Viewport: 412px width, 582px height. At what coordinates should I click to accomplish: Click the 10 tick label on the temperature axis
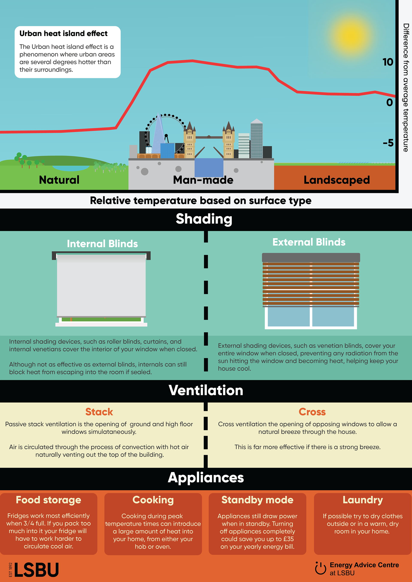(388, 62)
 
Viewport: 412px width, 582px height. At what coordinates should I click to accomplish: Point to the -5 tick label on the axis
(388, 143)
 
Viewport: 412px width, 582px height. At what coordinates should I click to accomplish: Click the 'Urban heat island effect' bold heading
(64, 33)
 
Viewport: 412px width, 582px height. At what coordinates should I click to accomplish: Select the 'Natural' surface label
(59, 180)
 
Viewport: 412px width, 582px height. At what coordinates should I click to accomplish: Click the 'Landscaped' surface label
(337, 180)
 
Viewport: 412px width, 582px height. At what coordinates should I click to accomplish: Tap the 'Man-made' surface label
(203, 180)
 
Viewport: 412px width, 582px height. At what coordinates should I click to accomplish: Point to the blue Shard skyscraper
(158, 134)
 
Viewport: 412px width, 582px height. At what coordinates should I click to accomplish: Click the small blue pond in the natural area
(71, 168)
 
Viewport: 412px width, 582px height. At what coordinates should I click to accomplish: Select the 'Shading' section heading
(204, 219)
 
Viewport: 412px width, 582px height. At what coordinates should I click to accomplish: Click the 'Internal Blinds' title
(102, 244)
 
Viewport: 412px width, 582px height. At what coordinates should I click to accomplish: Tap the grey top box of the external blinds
(311, 258)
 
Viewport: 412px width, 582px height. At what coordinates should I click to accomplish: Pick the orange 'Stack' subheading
(99, 412)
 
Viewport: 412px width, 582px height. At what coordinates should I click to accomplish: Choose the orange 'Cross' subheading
(312, 412)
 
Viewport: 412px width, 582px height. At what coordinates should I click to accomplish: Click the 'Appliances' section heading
(206, 478)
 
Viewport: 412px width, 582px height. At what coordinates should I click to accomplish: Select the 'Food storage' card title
(48, 500)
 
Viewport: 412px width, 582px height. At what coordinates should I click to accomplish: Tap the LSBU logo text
(36, 570)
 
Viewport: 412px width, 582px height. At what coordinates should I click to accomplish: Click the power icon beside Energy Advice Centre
(320, 568)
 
